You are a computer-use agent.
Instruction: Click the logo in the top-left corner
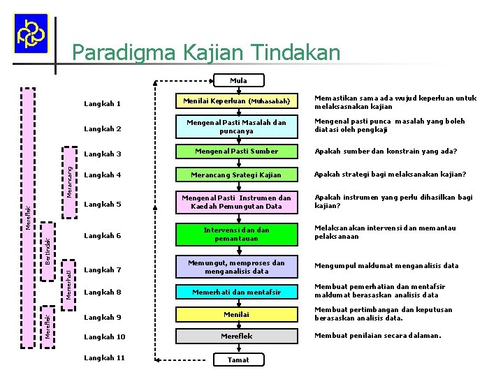tap(31, 34)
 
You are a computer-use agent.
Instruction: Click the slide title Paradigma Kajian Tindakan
tap(206, 53)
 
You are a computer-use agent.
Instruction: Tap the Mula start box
tap(238, 80)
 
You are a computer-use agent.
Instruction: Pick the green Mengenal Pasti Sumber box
tap(236, 151)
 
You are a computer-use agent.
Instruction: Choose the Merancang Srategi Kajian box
tap(236, 175)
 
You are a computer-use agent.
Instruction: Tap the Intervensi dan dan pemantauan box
tap(236, 234)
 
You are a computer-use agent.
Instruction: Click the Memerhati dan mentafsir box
tap(236, 293)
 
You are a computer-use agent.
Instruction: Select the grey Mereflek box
tap(236, 336)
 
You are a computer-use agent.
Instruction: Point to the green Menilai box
tap(236, 315)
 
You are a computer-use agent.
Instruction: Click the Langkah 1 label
tap(102, 105)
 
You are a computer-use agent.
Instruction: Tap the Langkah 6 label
tap(102, 236)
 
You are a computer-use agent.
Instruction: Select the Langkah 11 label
tap(104, 358)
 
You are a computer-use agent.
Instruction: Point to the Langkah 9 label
tap(102, 318)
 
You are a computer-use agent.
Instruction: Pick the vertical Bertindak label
tap(48, 251)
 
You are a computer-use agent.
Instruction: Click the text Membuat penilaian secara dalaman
tap(377, 336)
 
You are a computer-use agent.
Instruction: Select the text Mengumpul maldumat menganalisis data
tap(386, 266)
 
